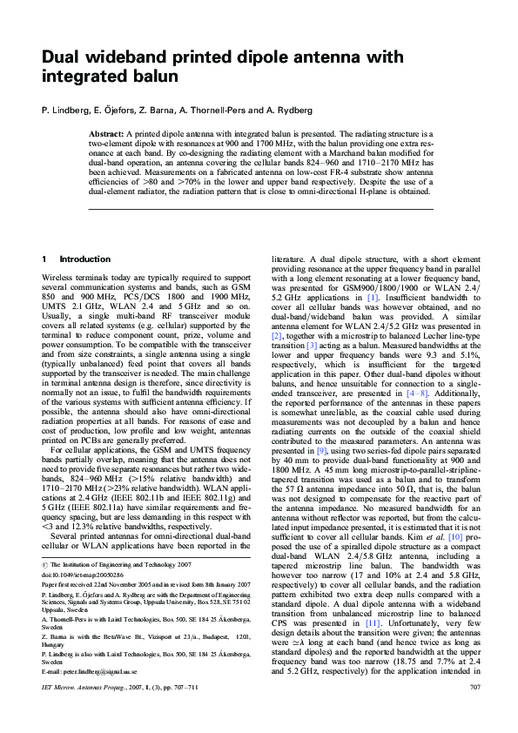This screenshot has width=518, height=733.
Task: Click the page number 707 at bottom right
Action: point(474,712)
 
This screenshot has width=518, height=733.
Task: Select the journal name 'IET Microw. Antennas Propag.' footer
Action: point(91,712)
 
